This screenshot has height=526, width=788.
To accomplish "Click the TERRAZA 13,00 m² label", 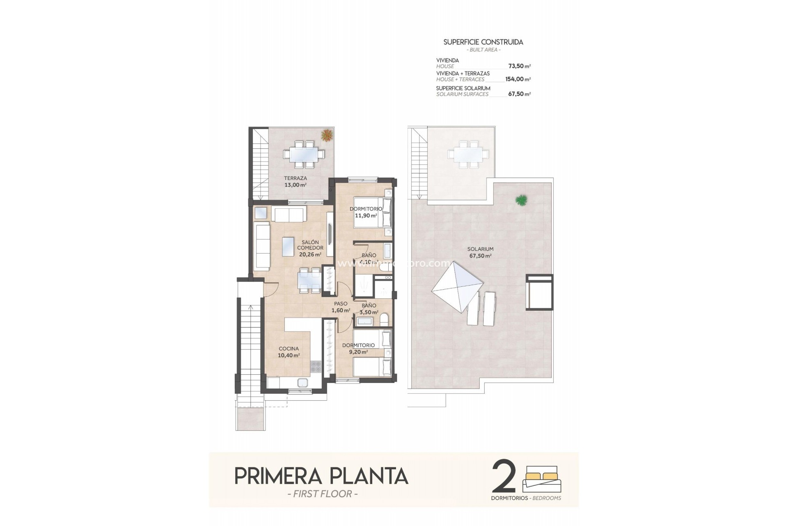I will [x=295, y=182].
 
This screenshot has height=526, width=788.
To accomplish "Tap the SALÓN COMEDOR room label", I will [x=310, y=248].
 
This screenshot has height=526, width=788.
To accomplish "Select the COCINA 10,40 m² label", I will [x=289, y=352].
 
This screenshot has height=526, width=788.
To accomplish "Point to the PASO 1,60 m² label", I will [x=341, y=307].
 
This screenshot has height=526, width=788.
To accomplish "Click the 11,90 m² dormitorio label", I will [x=366, y=212].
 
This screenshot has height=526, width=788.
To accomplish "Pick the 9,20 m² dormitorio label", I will [x=358, y=348].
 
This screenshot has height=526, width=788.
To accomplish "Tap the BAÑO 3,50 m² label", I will [x=369, y=309].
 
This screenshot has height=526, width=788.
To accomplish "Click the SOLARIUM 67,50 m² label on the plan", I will [x=480, y=252].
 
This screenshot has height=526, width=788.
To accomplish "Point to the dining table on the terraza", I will [x=304, y=155].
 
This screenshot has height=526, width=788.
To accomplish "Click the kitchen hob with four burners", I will [x=316, y=366].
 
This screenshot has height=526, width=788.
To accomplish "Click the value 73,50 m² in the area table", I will [x=519, y=66].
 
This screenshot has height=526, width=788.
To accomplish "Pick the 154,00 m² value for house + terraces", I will [x=518, y=79].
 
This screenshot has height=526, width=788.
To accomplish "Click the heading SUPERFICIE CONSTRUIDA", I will [x=483, y=42].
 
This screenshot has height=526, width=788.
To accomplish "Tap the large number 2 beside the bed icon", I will [x=504, y=477].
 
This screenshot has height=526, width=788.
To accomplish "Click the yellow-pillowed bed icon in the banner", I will [x=541, y=479].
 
